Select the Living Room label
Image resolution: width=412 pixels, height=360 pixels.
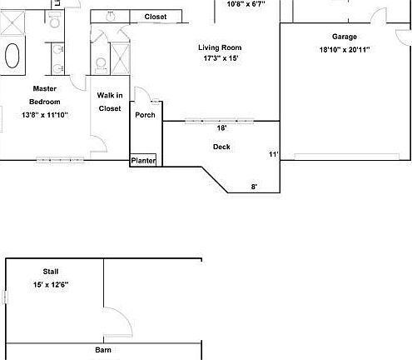pos(219,47)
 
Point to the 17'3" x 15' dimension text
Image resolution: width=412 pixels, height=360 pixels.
pos(219,59)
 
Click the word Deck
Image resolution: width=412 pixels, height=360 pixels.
pos(221,147)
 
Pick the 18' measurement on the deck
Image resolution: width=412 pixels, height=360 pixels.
pos(221,128)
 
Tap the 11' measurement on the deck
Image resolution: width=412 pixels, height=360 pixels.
pos(272,154)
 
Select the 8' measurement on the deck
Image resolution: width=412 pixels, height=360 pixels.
pos(255,187)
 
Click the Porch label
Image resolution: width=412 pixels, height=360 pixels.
pos(145,115)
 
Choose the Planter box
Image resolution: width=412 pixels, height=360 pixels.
pos(143,160)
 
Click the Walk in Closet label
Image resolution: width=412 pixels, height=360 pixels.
pos(110,102)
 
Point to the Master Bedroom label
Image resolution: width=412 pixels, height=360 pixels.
pos(44,94)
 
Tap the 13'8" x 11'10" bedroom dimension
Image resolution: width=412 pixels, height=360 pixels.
pos(44,115)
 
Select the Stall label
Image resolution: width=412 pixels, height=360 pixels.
pos(51,272)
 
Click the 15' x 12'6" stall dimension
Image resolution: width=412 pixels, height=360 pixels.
pos(51,285)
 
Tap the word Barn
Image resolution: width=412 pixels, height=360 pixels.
pos(102,351)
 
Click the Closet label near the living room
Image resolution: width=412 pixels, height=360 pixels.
pos(155,17)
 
